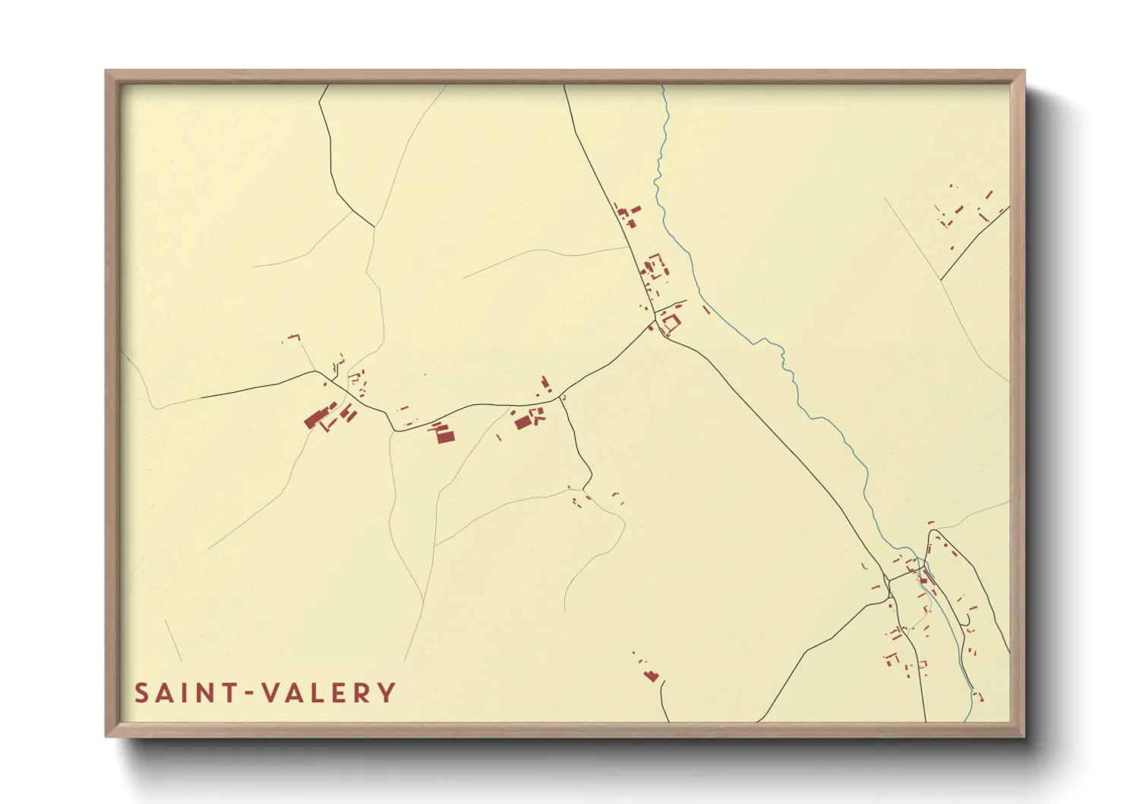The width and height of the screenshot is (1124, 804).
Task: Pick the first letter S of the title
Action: click(142, 692)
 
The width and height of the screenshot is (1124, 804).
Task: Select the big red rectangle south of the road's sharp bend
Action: click(444, 435)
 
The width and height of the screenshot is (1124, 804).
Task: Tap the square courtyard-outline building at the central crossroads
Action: click(670, 322)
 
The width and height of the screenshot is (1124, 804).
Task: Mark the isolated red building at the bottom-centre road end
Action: click(651, 675)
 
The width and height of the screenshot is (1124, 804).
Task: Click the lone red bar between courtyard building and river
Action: click(706, 310)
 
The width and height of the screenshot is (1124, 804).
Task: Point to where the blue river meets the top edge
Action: click(661, 85)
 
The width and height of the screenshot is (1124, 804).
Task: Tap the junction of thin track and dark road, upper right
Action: click(941, 280)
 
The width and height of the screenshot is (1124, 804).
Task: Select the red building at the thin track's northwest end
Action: click(293, 336)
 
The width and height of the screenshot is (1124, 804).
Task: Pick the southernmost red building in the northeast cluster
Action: click(952, 248)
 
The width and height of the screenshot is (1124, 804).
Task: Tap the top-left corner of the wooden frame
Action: click(106, 71)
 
